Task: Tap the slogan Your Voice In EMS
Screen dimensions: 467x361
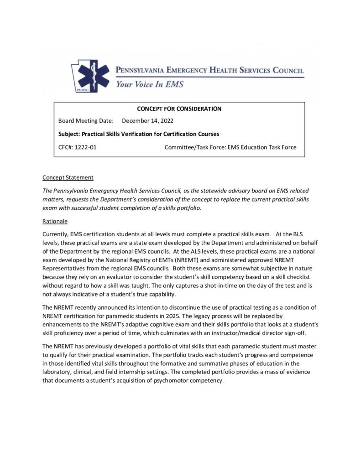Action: click(149, 84)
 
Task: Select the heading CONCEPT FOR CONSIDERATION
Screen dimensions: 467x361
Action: click(179, 109)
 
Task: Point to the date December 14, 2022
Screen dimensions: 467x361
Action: click(148, 121)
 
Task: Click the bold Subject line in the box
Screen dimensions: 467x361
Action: click(139, 134)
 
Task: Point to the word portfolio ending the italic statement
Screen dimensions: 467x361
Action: click(188, 208)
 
